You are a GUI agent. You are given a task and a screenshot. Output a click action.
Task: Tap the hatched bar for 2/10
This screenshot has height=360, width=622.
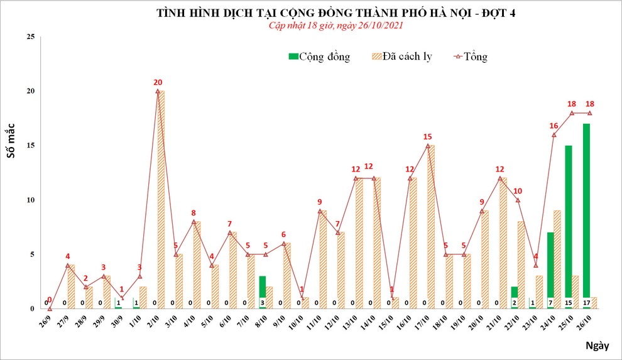161,200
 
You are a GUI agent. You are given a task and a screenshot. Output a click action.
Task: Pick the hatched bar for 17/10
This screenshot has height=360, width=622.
431,227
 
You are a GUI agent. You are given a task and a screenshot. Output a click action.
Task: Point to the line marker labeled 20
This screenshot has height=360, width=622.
158,91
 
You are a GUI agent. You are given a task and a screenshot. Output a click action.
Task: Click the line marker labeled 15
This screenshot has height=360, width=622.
428,146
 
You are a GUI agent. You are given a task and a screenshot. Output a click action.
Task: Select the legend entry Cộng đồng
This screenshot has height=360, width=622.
319,57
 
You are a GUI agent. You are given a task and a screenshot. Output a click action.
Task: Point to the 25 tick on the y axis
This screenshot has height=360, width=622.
30,37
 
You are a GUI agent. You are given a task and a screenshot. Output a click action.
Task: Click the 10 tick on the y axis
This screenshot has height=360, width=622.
30,200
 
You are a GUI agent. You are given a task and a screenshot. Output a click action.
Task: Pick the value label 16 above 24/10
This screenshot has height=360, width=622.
554,126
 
